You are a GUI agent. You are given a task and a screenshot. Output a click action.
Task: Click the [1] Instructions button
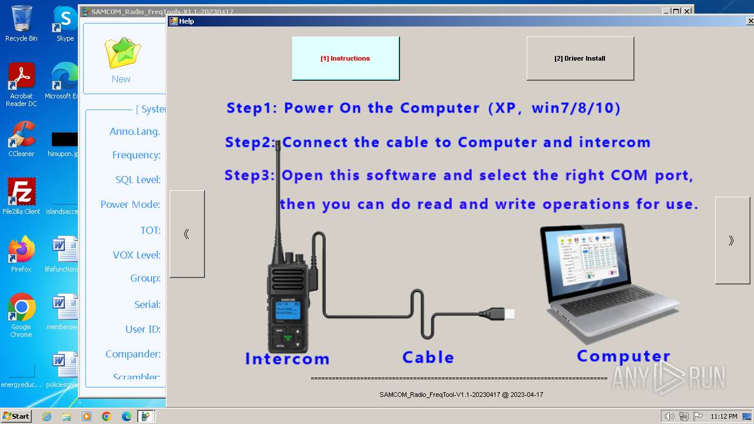345,58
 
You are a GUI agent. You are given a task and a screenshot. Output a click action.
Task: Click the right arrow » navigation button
732,240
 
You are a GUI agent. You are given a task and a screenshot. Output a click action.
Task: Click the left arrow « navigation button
187,234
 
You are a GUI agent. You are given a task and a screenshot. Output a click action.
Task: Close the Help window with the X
749,21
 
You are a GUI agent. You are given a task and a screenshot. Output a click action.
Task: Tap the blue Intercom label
287,359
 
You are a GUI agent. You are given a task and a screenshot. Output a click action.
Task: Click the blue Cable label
428,357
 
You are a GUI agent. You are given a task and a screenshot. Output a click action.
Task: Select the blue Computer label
623,356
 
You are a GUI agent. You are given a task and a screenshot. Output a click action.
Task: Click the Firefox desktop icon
21,253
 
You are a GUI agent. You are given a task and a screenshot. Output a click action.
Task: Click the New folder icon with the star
122,54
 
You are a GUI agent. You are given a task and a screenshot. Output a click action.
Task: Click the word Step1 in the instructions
251,108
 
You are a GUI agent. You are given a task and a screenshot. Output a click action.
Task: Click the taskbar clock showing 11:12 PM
723,416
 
